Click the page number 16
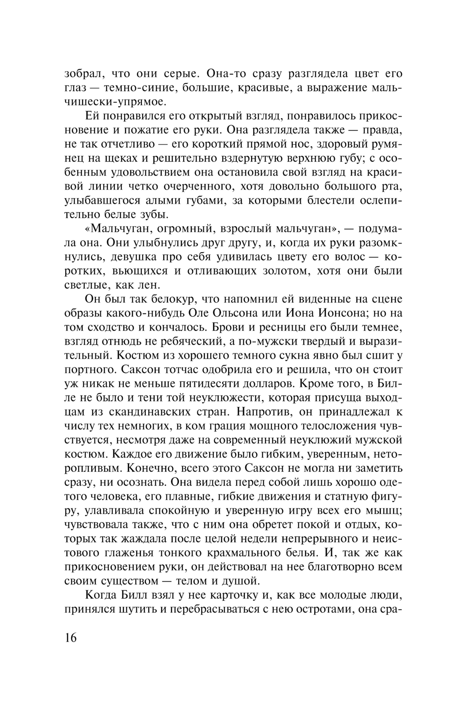(71, 638)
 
